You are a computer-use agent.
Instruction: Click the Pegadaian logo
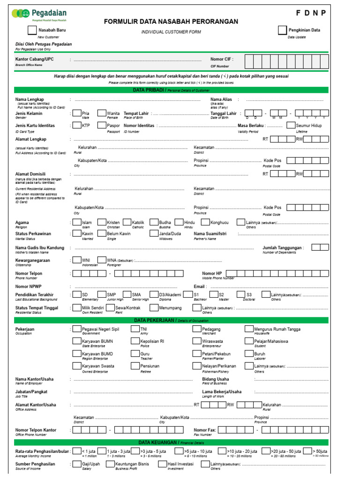tap(40, 14)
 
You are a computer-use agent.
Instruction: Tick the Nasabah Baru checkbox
tap(32, 30)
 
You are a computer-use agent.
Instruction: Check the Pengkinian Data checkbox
tap(282, 30)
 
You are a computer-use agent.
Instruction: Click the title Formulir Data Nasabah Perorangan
tap(171, 22)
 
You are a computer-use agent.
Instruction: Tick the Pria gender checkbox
tap(76, 113)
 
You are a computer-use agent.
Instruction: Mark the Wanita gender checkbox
tap(101, 113)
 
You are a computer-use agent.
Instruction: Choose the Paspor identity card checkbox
tap(101, 126)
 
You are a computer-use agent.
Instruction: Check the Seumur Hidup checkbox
tap(291, 126)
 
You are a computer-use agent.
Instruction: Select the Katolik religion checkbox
tap(126, 222)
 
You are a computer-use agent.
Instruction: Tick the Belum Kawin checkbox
tap(101, 233)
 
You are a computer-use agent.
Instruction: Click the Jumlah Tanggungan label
tap(283, 247)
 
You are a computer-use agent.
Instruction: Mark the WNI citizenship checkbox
tap(76, 260)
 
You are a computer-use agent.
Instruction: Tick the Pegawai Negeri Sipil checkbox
tap(76, 330)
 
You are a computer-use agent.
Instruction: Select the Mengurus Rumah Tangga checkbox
tap(248, 330)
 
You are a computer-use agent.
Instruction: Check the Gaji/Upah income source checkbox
tap(76, 464)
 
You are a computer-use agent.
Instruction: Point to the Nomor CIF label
tap(222, 60)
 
